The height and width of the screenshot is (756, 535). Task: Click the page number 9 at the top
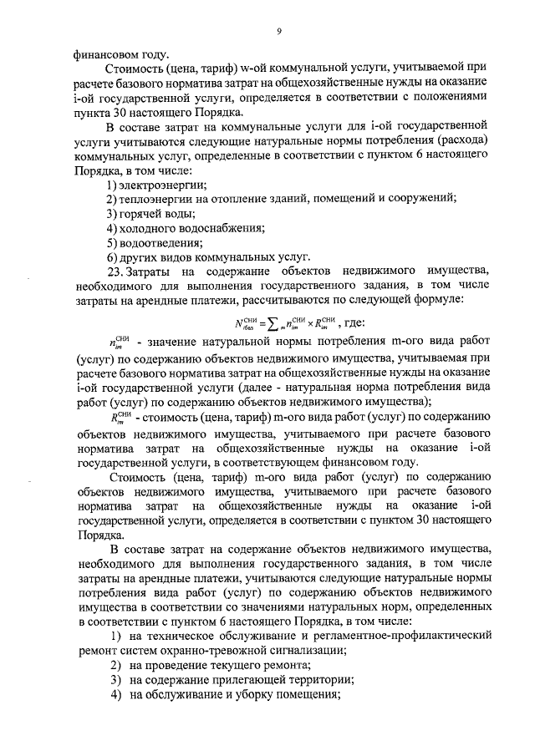coord(280,32)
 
